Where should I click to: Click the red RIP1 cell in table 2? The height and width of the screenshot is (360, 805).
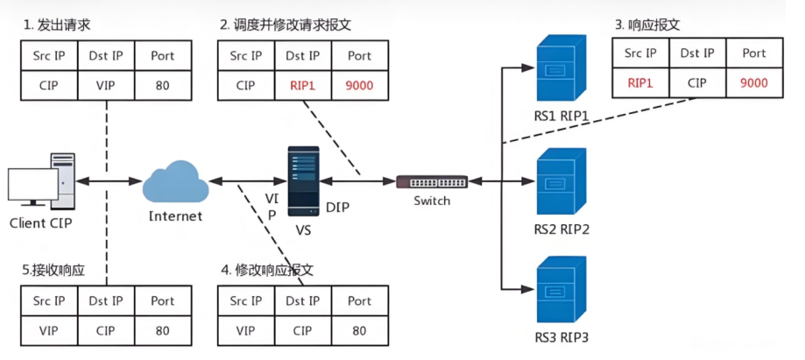point(303,85)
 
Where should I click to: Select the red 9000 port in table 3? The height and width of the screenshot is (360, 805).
point(754,82)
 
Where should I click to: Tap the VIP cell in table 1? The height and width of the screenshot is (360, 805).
point(106,85)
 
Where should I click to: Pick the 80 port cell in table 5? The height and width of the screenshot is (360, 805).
point(163,330)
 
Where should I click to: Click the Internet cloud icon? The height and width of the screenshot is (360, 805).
point(175,181)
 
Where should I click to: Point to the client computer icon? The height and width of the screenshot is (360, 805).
point(41,181)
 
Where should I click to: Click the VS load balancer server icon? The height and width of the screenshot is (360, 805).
point(303,180)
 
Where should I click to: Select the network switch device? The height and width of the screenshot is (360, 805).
point(432,182)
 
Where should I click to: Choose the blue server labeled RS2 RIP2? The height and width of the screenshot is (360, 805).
point(561,181)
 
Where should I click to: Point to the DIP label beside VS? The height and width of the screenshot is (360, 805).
point(338,207)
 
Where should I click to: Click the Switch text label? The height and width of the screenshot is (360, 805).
point(432,201)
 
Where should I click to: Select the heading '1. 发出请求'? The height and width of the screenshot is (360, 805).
point(57,25)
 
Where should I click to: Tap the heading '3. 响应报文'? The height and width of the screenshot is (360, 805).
point(647,25)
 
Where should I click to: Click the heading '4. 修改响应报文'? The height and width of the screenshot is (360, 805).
point(267,270)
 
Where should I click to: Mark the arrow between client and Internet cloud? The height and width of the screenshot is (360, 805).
point(109,180)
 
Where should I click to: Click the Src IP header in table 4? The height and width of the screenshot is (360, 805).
point(246,301)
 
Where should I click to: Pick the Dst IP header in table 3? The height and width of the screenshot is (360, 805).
point(697,53)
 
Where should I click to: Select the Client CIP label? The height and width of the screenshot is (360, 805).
point(41,223)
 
